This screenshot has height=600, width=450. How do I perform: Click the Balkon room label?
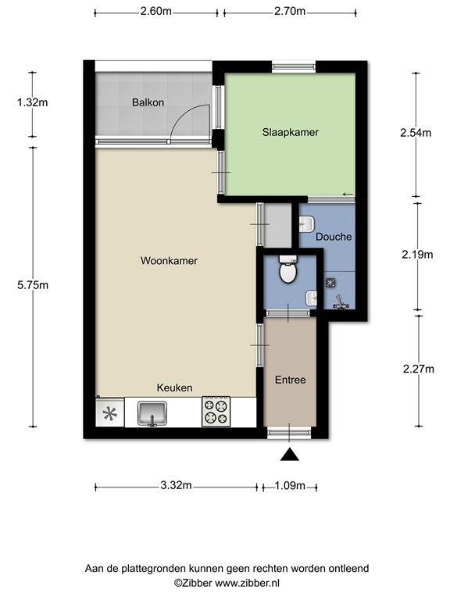pos(148,102)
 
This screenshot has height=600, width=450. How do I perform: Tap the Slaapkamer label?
pos(291,132)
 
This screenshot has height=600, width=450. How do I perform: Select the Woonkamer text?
pos(169,261)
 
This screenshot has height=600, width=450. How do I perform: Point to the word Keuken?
pos(174,388)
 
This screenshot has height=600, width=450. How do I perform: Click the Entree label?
pos(291,380)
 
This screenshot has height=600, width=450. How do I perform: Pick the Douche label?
pos(334,237)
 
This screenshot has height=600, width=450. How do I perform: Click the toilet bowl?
pos(287,269)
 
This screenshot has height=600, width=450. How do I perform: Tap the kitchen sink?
pos(152,414)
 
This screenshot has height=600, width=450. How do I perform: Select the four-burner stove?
pos(216,412)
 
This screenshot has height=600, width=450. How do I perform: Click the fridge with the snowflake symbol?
pos(110,412)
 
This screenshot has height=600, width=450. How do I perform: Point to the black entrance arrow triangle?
pos(290,454)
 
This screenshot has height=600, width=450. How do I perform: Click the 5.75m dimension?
pos(33,285)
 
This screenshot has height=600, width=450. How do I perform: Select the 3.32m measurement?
pos(176,486)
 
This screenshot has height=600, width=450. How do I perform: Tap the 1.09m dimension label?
pos(290,486)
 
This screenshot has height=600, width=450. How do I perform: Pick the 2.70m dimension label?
pos(290,11)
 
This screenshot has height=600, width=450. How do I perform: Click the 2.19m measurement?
pos(417,255)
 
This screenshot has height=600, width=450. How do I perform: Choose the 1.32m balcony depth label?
pos(33,102)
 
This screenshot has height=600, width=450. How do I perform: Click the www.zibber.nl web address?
pos(247,584)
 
